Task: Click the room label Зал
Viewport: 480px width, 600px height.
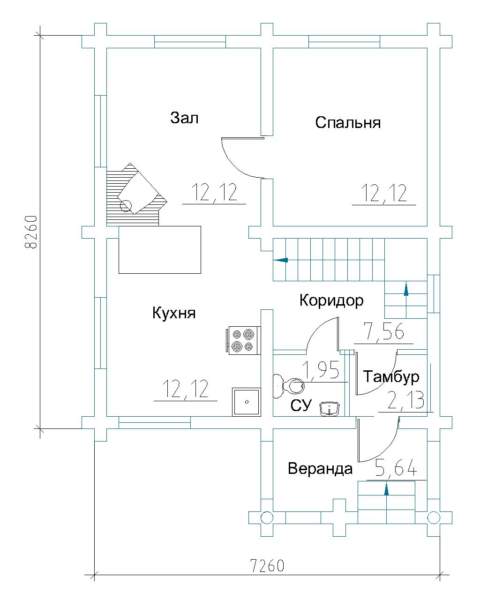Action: [x=184, y=118]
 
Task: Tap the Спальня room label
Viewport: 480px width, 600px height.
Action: [x=348, y=122]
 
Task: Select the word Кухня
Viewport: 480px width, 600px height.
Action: [x=174, y=313]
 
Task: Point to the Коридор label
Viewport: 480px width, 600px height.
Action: [x=331, y=301]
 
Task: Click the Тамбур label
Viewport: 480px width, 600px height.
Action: [x=391, y=377]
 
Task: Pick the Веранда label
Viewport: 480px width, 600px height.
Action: [x=320, y=469]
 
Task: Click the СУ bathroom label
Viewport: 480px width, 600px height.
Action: [x=300, y=405]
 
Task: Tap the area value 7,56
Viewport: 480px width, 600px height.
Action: [x=385, y=331]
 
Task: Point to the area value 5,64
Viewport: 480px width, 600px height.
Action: [x=396, y=467]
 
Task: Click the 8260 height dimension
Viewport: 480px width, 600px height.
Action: [x=30, y=232]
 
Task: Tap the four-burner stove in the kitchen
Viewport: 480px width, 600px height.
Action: [x=243, y=340]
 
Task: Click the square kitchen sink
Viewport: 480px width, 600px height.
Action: [x=247, y=402]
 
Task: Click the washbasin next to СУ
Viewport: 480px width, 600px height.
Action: [x=330, y=409]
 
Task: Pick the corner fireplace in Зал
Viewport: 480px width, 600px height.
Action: [x=137, y=195]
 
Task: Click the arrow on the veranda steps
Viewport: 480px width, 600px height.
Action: [x=386, y=489]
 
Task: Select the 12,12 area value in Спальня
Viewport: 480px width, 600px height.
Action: [x=384, y=193]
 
